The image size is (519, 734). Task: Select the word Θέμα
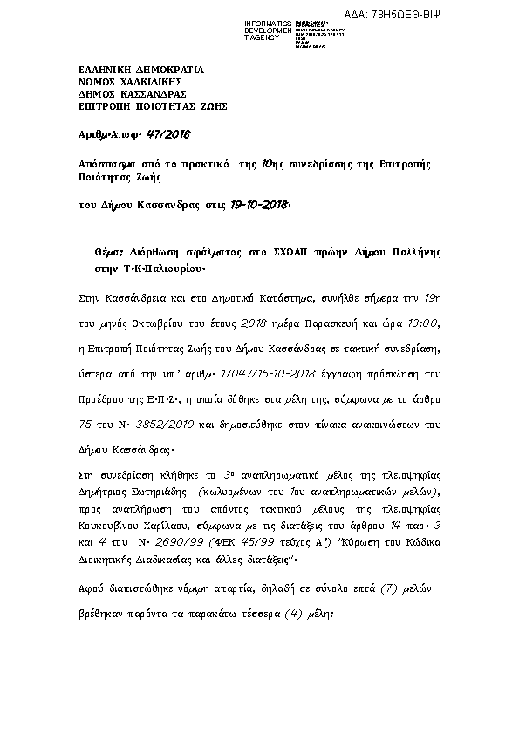tap(110, 250)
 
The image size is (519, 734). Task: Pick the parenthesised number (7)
tap(370, 589)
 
